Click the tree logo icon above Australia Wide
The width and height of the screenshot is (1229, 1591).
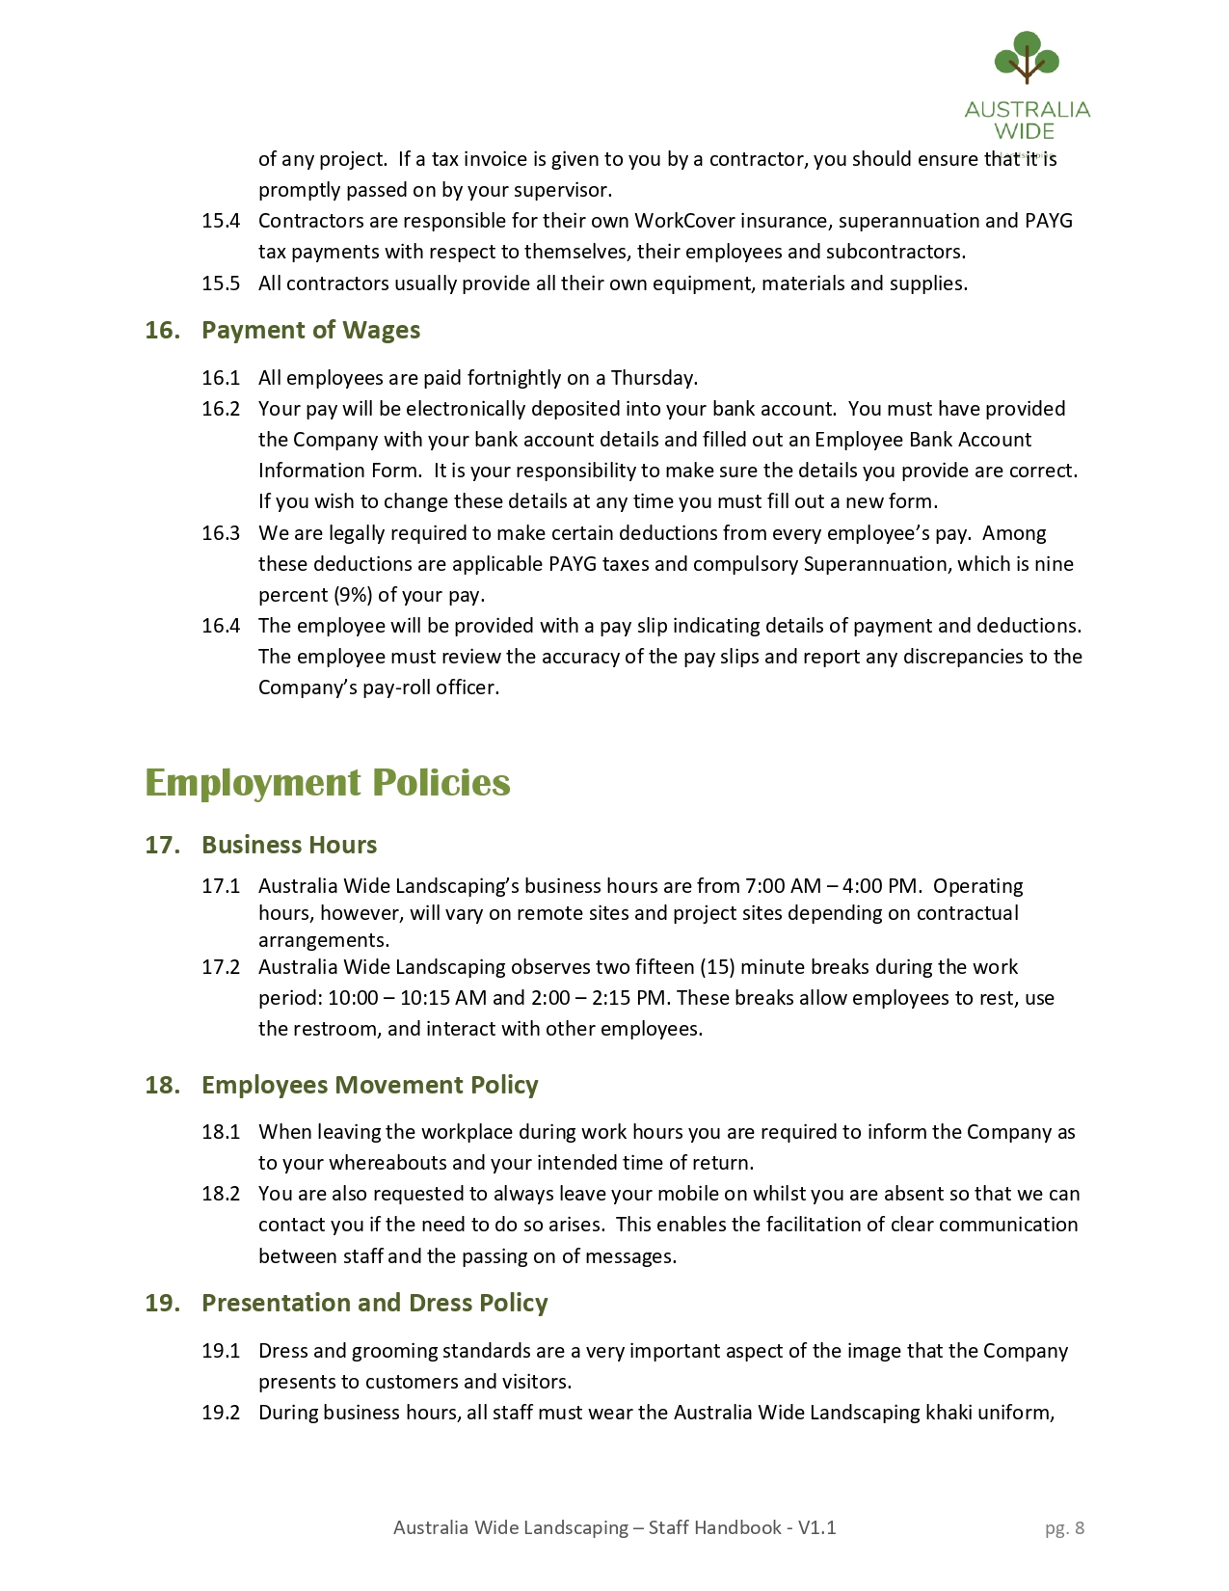pyautogui.click(x=1027, y=58)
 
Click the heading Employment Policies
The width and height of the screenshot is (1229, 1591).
pyautogui.click(x=327, y=782)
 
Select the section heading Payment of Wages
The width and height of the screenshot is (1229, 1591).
pyautogui.click(x=310, y=330)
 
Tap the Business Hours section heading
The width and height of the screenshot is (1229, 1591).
pyautogui.click(x=289, y=845)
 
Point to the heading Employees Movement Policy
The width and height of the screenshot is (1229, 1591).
pyautogui.click(x=369, y=1085)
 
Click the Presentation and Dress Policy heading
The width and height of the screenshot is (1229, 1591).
pyautogui.click(x=374, y=1303)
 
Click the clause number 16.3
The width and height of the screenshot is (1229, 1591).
pyautogui.click(x=221, y=533)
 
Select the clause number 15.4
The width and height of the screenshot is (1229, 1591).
pyautogui.click(x=221, y=221)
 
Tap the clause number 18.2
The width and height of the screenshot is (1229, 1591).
pyautogui.click(x=221, y=1194)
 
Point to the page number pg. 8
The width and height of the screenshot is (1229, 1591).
pyautogui.click(x=1064, y=1527)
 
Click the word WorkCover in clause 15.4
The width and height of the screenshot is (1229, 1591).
pyautogui.click(x=682, y=221)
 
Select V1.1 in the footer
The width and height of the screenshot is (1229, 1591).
pyautogui.click(x=816, y=1527)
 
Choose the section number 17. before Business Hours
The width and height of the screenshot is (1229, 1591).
pyautogui.click(x=162, y=845)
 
